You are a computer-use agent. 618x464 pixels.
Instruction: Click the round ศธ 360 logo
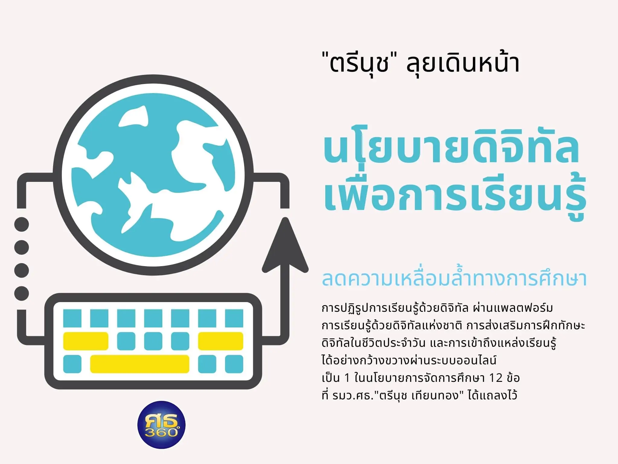click(161, 424)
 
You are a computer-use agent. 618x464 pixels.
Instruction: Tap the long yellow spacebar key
click(140, 364)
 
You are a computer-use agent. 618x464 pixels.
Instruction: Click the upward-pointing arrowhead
click(285, 245)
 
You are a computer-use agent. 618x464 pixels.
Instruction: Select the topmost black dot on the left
click(22, 224)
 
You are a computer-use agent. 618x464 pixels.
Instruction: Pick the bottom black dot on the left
click(22, 293)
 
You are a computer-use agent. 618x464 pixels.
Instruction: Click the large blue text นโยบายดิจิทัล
click(451, 148)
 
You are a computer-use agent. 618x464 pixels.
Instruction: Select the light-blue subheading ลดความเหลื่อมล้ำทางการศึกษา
click(454, 278)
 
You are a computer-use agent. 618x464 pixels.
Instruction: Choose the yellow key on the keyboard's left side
click(86, 341)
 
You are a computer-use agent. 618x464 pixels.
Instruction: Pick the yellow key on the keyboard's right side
click(221, 341)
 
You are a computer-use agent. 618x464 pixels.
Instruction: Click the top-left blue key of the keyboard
click(72, 318)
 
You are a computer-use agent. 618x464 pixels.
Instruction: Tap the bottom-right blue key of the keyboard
click(234, 364)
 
